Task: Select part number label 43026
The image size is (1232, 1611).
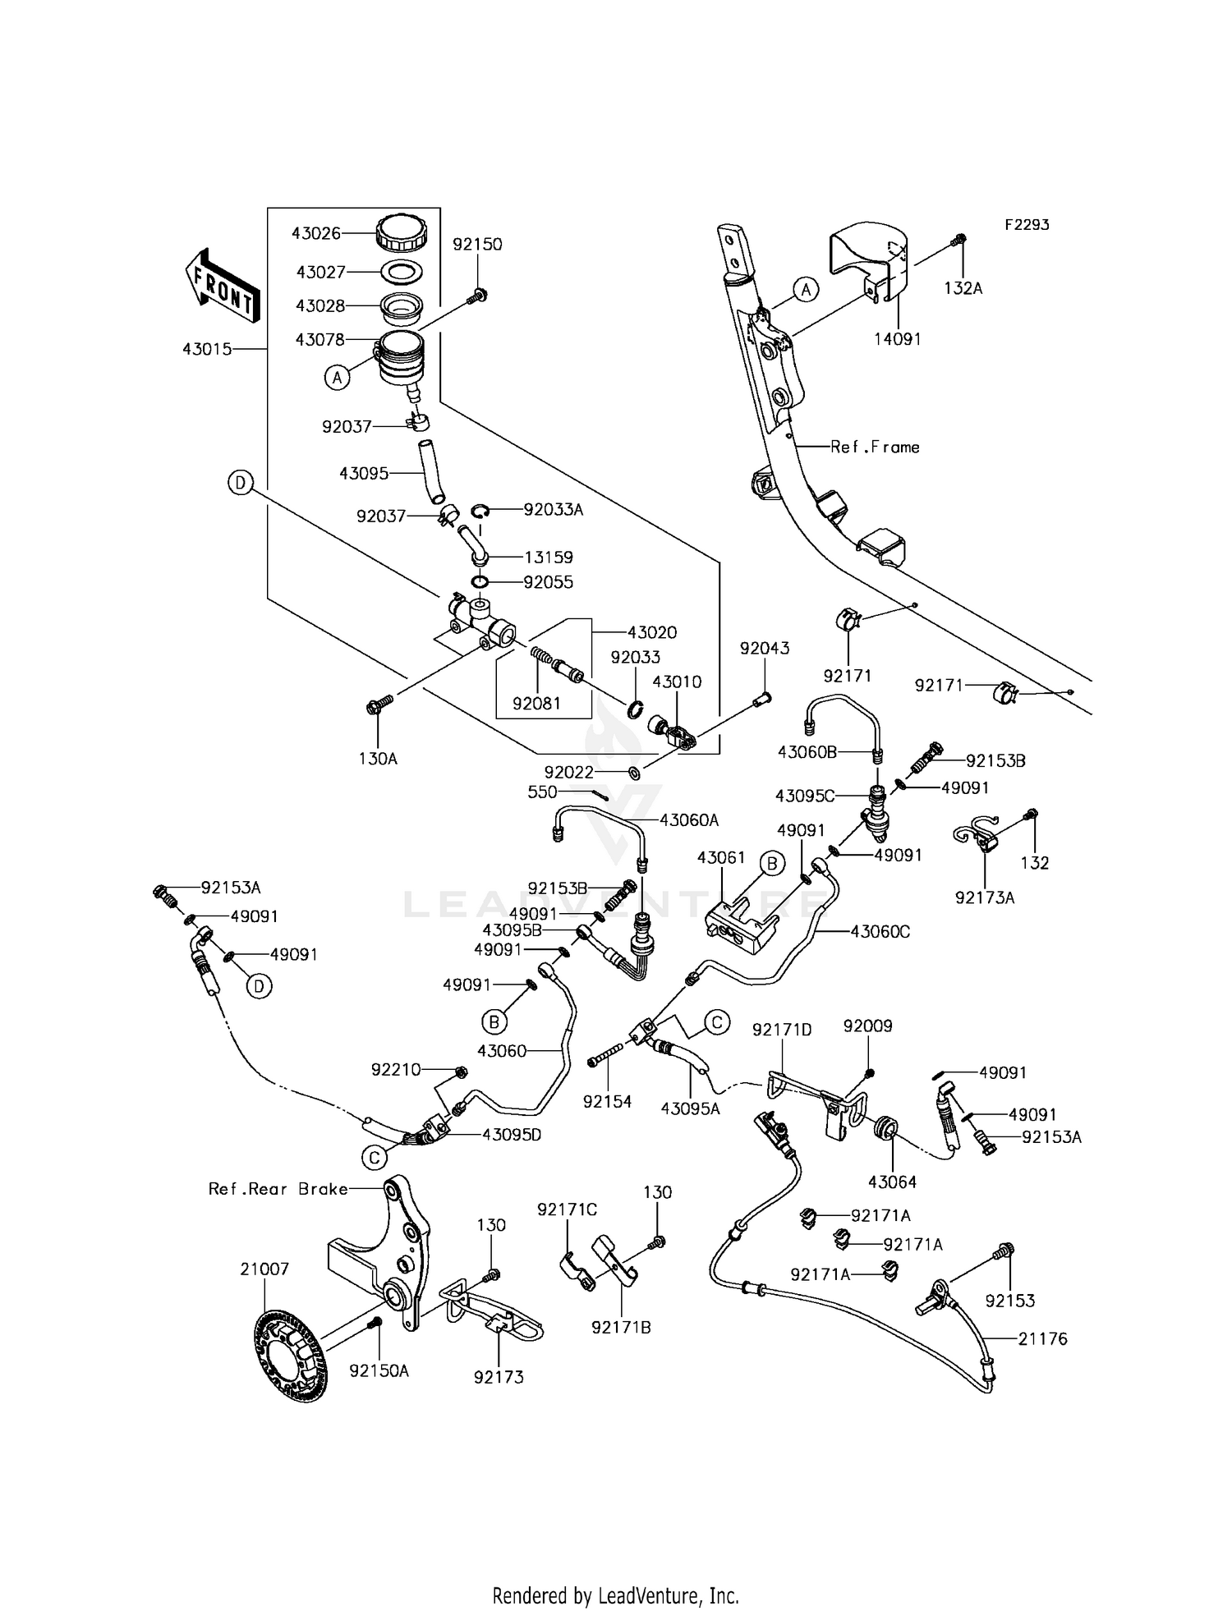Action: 316,233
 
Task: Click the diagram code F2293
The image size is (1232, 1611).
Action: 1026,224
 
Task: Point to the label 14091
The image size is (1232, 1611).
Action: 897,338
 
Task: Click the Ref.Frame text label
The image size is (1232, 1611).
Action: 875,447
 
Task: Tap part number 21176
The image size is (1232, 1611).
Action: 1043,1338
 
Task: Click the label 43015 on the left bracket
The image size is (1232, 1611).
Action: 206,349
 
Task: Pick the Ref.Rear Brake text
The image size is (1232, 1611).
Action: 278,1189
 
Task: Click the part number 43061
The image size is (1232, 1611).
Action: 721,857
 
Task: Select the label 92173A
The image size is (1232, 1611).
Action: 984,897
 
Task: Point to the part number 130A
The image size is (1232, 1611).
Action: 378,759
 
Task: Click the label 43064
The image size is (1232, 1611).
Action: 892,1182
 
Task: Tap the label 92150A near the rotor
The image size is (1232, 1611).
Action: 379,1370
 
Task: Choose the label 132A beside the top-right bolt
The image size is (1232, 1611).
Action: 963,288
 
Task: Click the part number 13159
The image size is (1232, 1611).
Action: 549,557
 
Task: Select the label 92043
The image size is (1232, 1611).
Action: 764,648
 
